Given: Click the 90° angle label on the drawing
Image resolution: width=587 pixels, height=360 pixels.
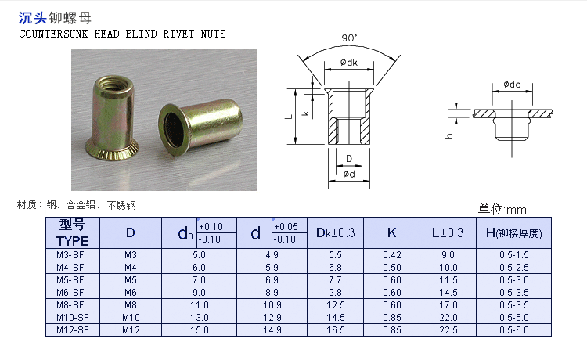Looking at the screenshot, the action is pos(349,38).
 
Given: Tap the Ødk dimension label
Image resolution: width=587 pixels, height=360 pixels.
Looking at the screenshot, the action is pos(349,63).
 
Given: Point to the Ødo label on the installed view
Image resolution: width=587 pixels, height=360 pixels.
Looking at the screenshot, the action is pos(512,85).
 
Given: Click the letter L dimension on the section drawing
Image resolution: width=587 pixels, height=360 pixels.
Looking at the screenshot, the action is pos(289,117).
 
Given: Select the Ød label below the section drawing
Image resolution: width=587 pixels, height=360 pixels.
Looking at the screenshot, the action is pos(349,174).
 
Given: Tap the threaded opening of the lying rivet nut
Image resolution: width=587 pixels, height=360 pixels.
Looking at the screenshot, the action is pos(173,130).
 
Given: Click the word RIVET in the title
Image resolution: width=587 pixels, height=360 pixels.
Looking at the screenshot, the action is pos(178,34).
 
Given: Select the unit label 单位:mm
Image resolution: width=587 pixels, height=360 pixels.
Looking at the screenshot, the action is pos(502,210).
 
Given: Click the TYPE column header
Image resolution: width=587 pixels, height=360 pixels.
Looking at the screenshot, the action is pos(73,240).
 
